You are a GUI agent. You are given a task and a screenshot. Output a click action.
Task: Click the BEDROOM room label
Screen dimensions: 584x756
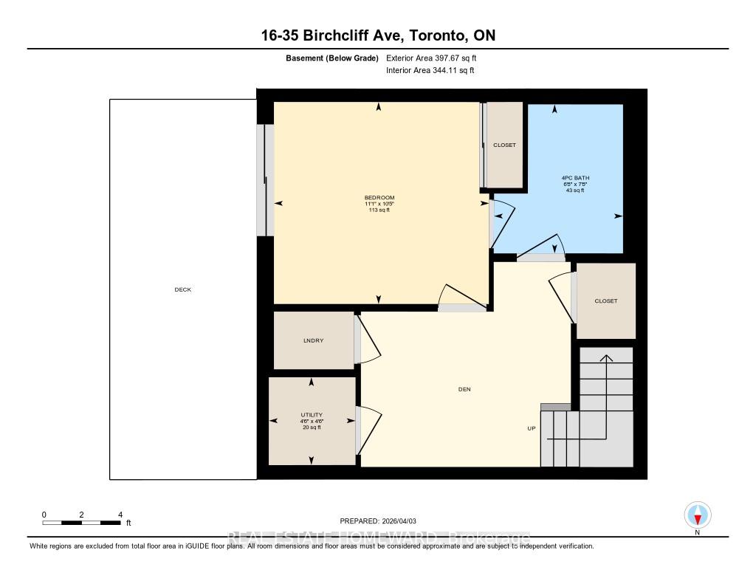click(x=379, y=197)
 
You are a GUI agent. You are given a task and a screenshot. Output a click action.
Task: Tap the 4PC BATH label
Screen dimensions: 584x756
click(x=575, y=178)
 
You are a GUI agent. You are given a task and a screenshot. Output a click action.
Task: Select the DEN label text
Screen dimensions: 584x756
click(x=464, y=389)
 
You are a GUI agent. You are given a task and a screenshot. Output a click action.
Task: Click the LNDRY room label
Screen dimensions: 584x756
click(x=313, y=340)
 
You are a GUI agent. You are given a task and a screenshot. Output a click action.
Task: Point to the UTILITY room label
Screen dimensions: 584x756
click(x=311, y=414)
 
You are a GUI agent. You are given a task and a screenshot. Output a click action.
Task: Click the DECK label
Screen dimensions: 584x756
click(x=182, y=289)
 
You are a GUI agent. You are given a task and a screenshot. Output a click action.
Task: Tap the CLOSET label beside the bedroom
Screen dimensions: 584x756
click(x=504, y=145)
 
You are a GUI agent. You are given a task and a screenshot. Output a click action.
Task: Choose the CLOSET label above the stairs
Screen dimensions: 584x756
click(x=605, y=300)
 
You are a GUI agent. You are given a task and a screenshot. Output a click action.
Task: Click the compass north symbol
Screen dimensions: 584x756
click(x=697, y=515)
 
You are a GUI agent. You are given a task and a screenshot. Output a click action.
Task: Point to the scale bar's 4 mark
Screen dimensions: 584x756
click(x=120, y=515)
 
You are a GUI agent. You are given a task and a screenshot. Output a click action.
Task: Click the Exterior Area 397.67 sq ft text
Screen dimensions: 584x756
click(x=436, y=58)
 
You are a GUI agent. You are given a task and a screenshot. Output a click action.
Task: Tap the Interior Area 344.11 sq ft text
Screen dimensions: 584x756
click(x=430, y=71)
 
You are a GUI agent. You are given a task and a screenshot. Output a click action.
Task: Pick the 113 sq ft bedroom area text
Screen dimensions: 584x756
click(x=379, y=210)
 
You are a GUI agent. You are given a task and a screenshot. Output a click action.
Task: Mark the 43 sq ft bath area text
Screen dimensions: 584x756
click(x=574, y=190)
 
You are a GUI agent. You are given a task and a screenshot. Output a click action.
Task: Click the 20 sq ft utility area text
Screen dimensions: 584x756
click(x=311, y=427)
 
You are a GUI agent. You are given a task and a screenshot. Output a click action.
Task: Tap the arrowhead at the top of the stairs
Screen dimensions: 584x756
click(x=605, y=358)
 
